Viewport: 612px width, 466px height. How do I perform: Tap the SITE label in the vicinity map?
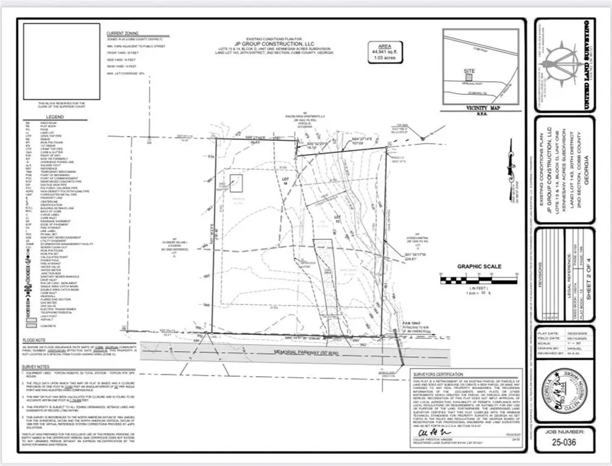coord(469,71)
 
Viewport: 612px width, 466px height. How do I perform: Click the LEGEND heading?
coord(55,116)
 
